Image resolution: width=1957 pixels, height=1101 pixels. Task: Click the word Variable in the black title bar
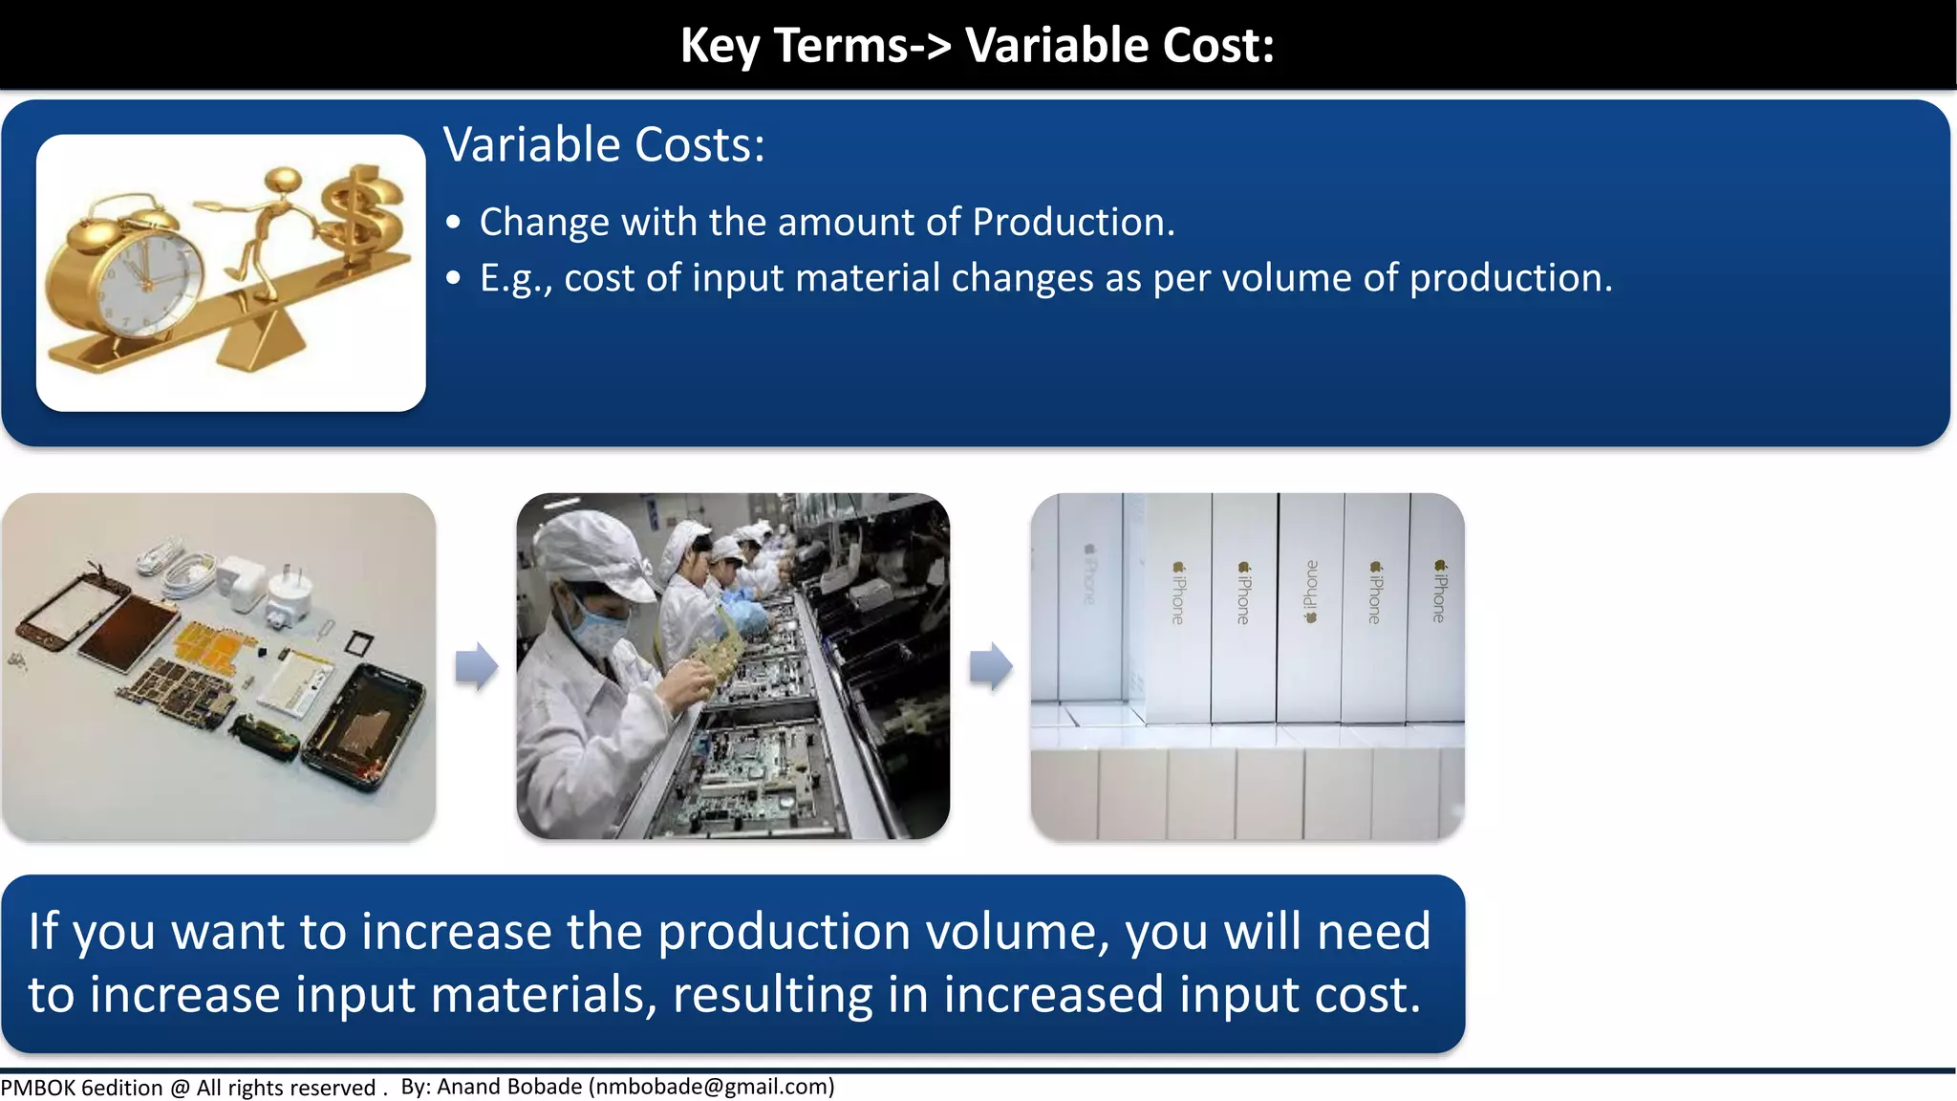tap(1057, 45)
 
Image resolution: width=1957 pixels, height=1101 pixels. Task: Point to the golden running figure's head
tap(283, 181)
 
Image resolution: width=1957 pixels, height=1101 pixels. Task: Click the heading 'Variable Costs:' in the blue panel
tap(604, 145)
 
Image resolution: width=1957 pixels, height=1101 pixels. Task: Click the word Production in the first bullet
tap(1072, 222)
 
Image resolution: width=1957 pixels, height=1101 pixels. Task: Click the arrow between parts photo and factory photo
tap(476, 666)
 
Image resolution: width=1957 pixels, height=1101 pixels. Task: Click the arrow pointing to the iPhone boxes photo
tap(991, 666)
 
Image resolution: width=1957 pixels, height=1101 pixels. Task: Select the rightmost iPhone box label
tap(1439, 593)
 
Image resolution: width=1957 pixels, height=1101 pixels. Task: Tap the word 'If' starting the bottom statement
tap(43, 931)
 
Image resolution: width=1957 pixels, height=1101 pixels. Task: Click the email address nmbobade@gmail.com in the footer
tap(712, 1087)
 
